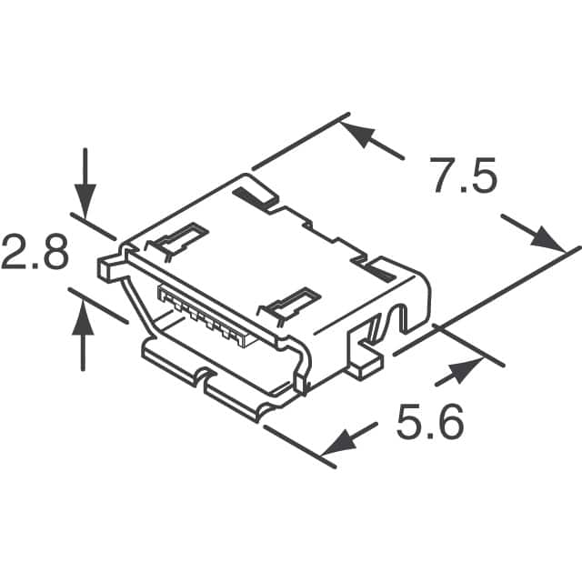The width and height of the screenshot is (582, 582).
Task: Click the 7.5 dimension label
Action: point(466,176)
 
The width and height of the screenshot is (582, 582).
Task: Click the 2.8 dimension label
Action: point(35,251)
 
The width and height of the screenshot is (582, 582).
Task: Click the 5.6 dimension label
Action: point(430,422)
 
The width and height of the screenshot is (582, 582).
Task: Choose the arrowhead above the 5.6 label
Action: point(467,370)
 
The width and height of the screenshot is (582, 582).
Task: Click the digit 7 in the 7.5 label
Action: point(445,176)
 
